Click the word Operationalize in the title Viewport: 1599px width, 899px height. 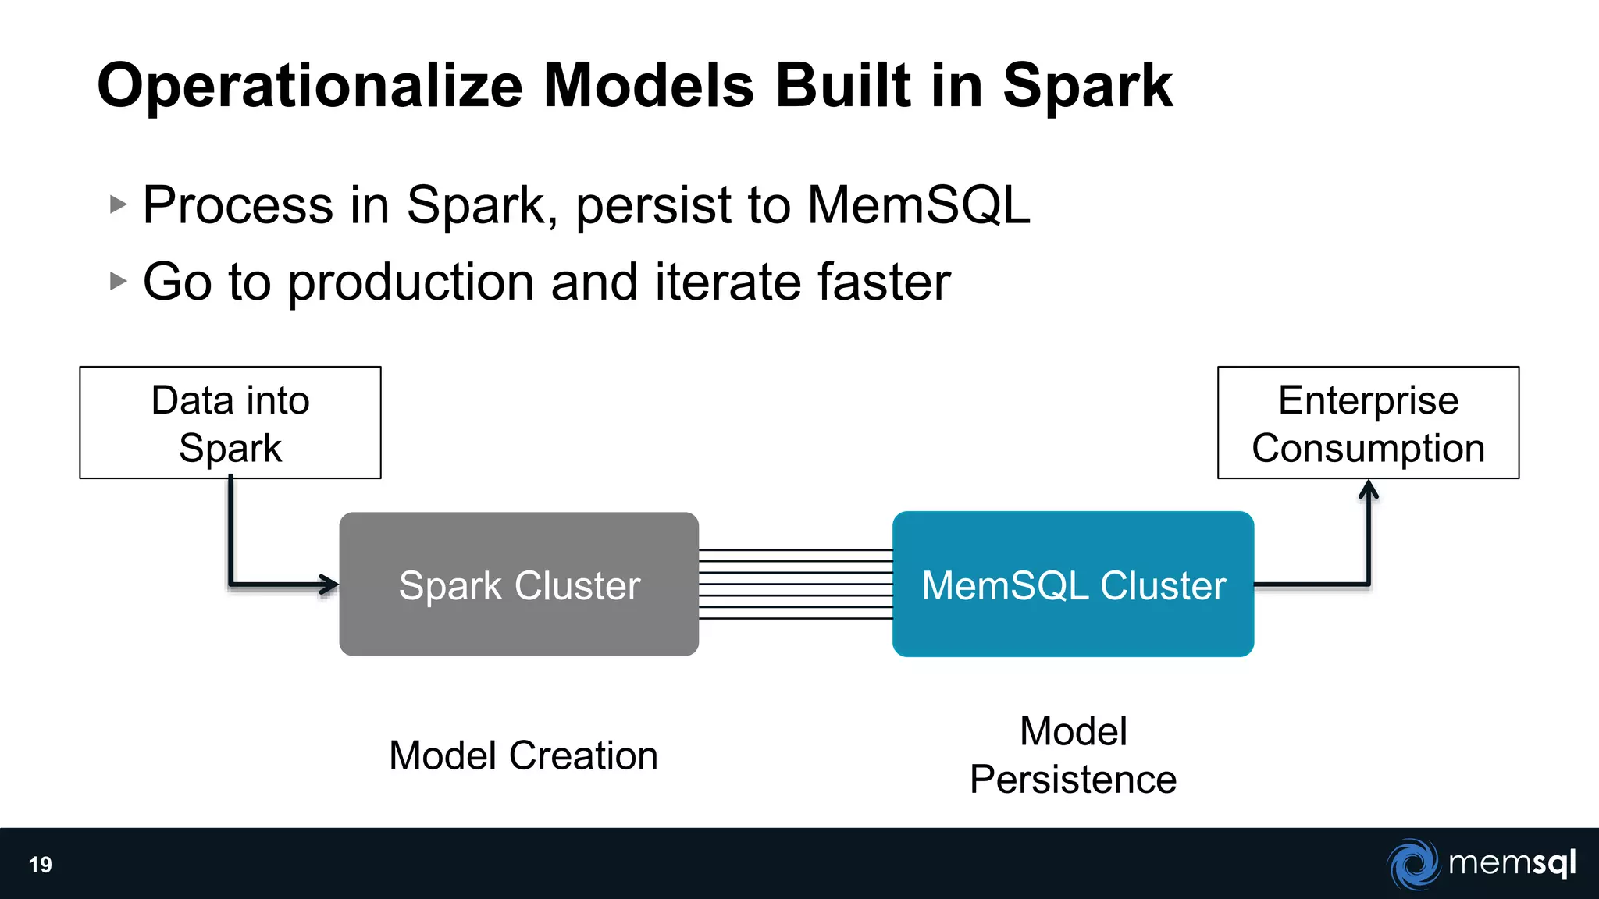[310, 86]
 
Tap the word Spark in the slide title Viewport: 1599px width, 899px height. [1087, 86]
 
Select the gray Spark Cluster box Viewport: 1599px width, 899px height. [518, 585]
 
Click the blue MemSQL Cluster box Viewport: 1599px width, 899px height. [1073, 585]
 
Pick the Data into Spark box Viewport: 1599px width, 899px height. [230, 423]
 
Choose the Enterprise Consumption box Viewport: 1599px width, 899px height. [1368, 423]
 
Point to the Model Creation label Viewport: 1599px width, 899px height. [523, 755]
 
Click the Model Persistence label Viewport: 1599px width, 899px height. [1073, 755]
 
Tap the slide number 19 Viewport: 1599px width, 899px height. [41, 865]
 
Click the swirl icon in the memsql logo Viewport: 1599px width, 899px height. [1413, 864]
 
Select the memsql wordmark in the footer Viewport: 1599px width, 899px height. [1512, 863]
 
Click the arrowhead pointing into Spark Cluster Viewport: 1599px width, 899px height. [330, 584]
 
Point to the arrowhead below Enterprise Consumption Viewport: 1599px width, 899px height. [1368, 489]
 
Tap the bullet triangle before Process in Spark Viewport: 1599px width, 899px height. [118, 205]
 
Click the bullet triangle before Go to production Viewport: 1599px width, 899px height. [118, 281]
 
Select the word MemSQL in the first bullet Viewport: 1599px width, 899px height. [918, 205]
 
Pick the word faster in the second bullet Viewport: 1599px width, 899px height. [883, 282]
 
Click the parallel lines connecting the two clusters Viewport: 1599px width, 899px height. [795, 585]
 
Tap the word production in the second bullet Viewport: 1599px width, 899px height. [411, 283]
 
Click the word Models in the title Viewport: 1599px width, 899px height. [649, 86]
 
